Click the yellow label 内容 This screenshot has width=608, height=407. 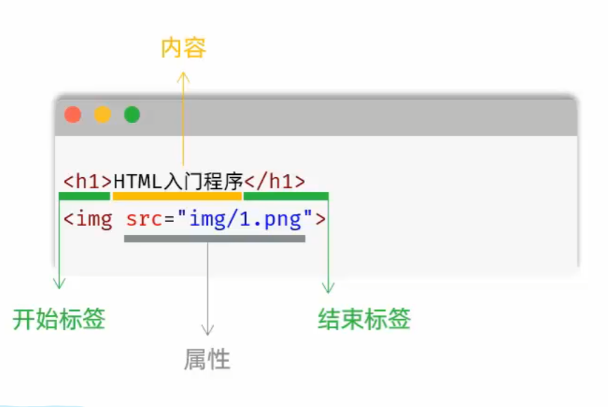pos(183,48)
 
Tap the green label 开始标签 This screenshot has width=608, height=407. pos(59,320)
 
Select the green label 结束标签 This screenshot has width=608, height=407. pos(364,320)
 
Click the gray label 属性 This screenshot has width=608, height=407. pos(207,360)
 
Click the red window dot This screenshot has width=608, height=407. pos(73,115)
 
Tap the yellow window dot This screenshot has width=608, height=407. pos(103,115)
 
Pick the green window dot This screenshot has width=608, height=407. pos(132,115)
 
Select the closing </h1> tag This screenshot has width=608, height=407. pos(274,181)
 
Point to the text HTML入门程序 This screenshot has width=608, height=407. pos(177,181)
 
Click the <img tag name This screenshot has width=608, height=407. pos(88,219)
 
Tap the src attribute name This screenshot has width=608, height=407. pos(144,219)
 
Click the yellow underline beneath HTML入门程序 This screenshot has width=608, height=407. pos(177,195)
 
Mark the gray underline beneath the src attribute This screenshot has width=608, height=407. pos(214,239)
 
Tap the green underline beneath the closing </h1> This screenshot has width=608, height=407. pos(286,195)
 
